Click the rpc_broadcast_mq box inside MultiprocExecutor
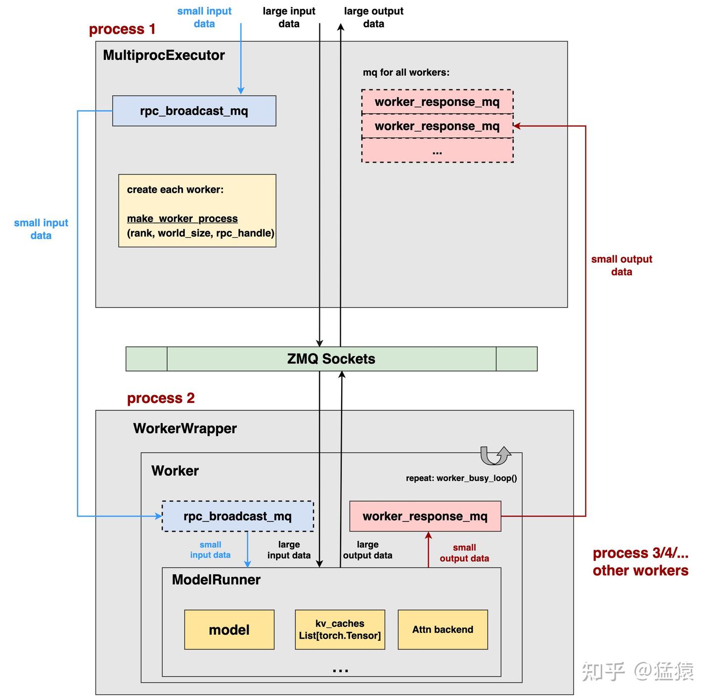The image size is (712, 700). (194, 111)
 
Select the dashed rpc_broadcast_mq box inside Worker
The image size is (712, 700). (237, 516)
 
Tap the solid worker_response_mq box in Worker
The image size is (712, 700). (425, 516)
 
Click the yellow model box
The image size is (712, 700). (229, 629)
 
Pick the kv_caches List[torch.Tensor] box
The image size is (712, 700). (340, 629)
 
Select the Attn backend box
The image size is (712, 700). (443, 629)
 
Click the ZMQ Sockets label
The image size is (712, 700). (331, 359)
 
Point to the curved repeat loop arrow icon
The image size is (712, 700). (495, 455)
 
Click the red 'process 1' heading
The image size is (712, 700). (122, 29)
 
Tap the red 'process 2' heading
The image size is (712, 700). (161, 398)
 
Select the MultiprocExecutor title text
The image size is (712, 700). (164, 55)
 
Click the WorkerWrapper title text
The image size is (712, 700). (185, 428)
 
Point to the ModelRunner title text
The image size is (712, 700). (216, 579)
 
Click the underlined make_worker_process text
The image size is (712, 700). (182, 219)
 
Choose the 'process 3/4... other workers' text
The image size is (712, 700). (640, 562)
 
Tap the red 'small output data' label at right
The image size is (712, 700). (622, 265)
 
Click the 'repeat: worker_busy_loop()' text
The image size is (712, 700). (461, 478)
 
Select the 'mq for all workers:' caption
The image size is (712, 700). (406, 72)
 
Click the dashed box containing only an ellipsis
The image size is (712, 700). (437, 151)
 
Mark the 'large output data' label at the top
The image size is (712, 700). (373, 17)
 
